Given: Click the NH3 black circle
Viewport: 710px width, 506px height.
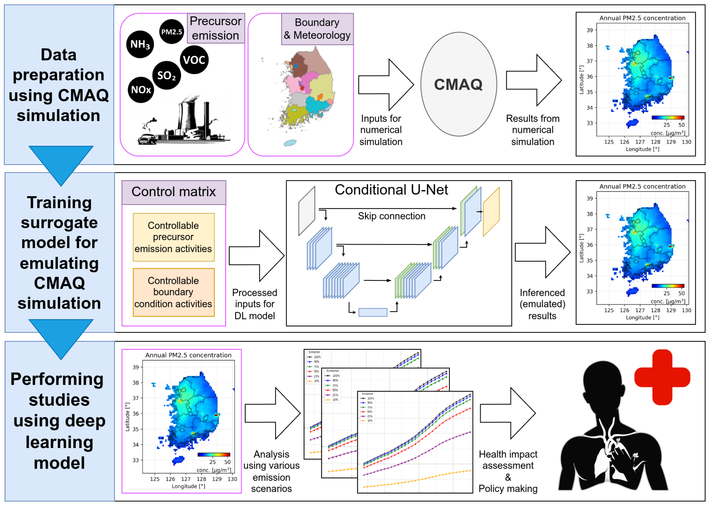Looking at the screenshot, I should pos(140,44).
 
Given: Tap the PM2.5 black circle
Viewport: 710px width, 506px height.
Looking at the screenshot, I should pos(171,31).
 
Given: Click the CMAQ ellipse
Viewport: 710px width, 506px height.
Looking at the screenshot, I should pos(459,84).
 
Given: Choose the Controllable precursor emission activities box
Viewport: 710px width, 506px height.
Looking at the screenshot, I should pos(174,237).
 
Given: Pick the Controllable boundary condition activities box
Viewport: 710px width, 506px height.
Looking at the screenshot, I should pos(174,292).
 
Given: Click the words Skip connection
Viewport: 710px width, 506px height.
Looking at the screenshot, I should pos(391,216).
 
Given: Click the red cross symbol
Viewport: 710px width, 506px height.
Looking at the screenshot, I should pos(662,377).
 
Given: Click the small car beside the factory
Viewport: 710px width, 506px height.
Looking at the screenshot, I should pos(147,139).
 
